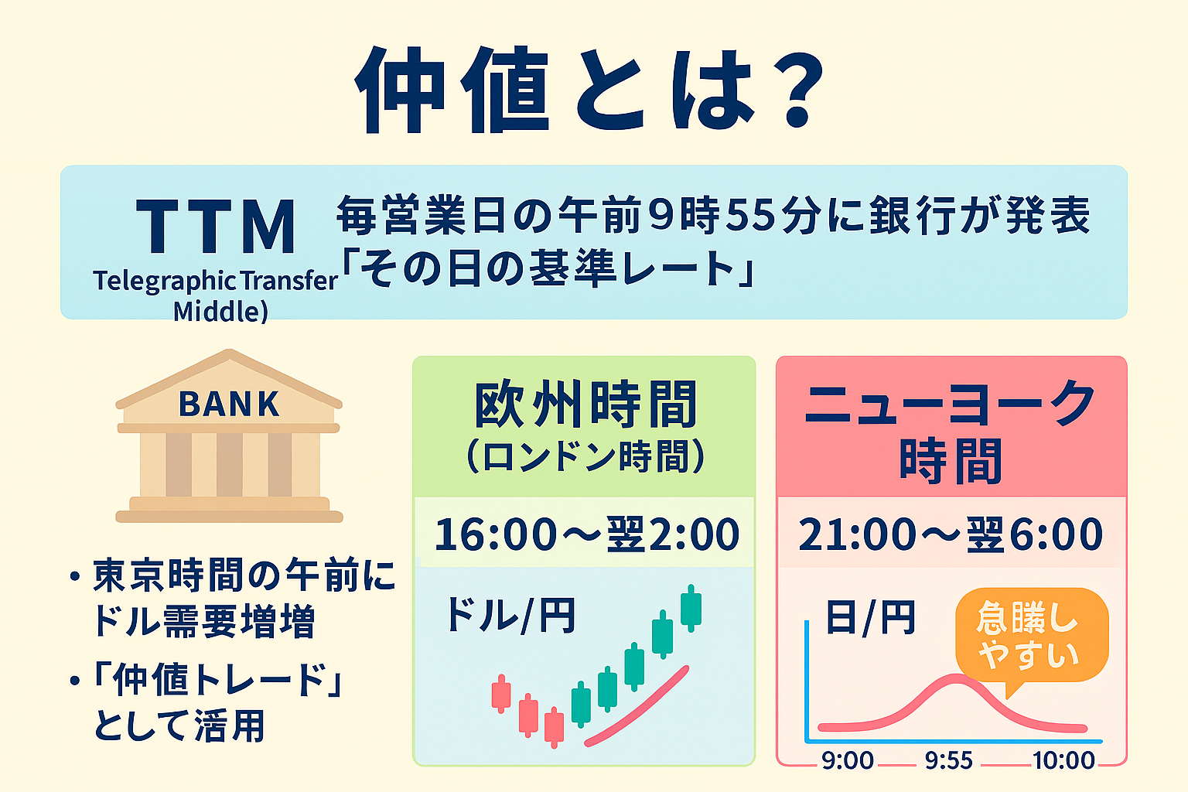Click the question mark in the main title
797,90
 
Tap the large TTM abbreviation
215,227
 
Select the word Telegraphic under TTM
165,282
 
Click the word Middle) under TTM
220,311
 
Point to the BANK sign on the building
229,405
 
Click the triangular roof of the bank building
229,379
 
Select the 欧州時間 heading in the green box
585,405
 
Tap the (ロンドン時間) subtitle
585,456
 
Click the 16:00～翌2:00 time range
586,534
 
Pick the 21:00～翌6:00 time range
951,534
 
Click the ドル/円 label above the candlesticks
511,616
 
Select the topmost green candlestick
691,608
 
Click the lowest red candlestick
555,727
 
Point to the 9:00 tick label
847,761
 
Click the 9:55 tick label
949,761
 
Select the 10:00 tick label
1063,761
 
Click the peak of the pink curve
956,678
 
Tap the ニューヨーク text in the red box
949,405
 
